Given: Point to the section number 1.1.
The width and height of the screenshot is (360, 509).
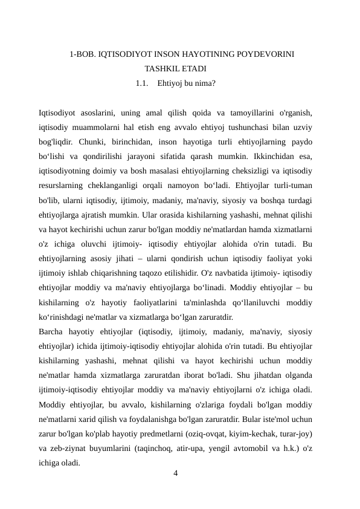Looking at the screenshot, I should pyautogui.click(x=143, y=83).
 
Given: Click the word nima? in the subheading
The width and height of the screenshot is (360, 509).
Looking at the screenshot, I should pyautogui.click(x=203, y=83).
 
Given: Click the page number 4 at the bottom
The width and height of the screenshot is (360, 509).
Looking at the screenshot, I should pyautogui.click(x=175, y=473).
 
